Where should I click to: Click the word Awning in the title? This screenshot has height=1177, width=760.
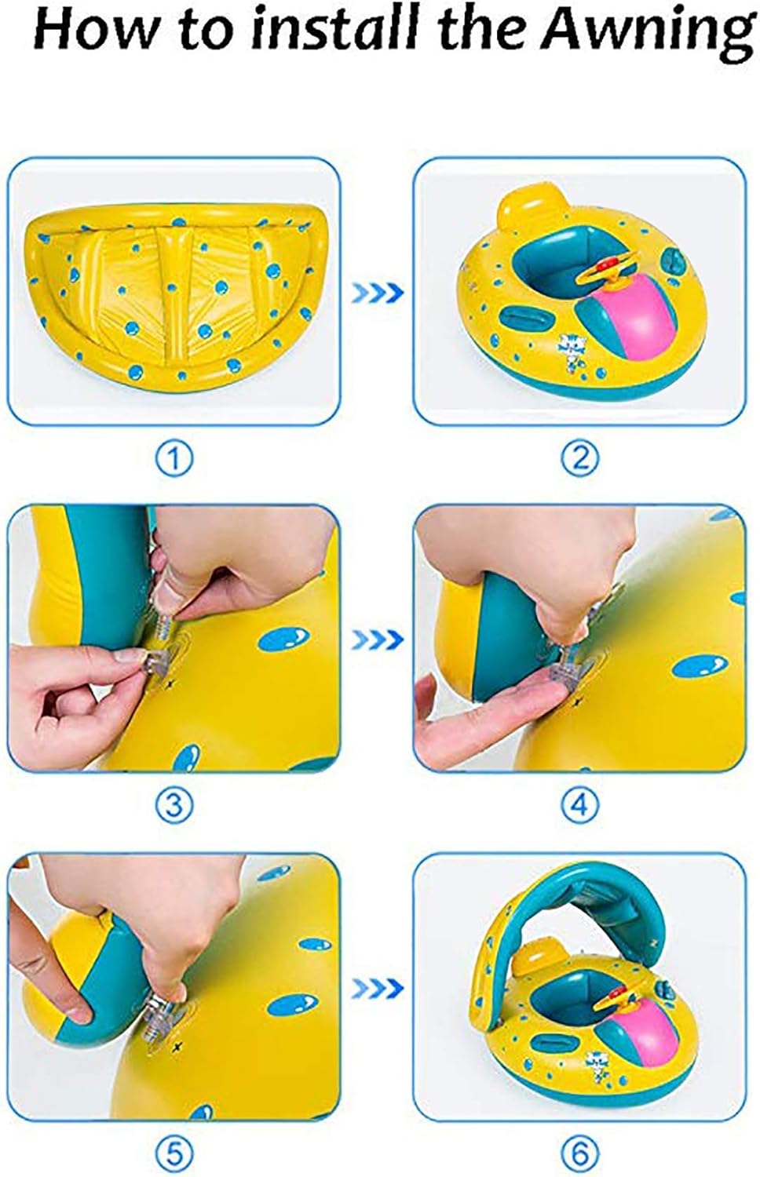[645, 31]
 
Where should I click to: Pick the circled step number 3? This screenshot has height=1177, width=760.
[174, 807]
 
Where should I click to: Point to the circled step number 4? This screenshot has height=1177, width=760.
[580, 807]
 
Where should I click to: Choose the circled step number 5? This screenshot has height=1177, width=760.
[174, 1154]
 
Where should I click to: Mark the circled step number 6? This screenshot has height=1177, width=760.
[580, 1154]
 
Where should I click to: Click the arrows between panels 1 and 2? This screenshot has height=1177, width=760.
[377, 293]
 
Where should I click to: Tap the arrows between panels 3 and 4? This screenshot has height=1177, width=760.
[377, 640]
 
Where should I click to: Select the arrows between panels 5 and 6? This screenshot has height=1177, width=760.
[377, 989]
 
